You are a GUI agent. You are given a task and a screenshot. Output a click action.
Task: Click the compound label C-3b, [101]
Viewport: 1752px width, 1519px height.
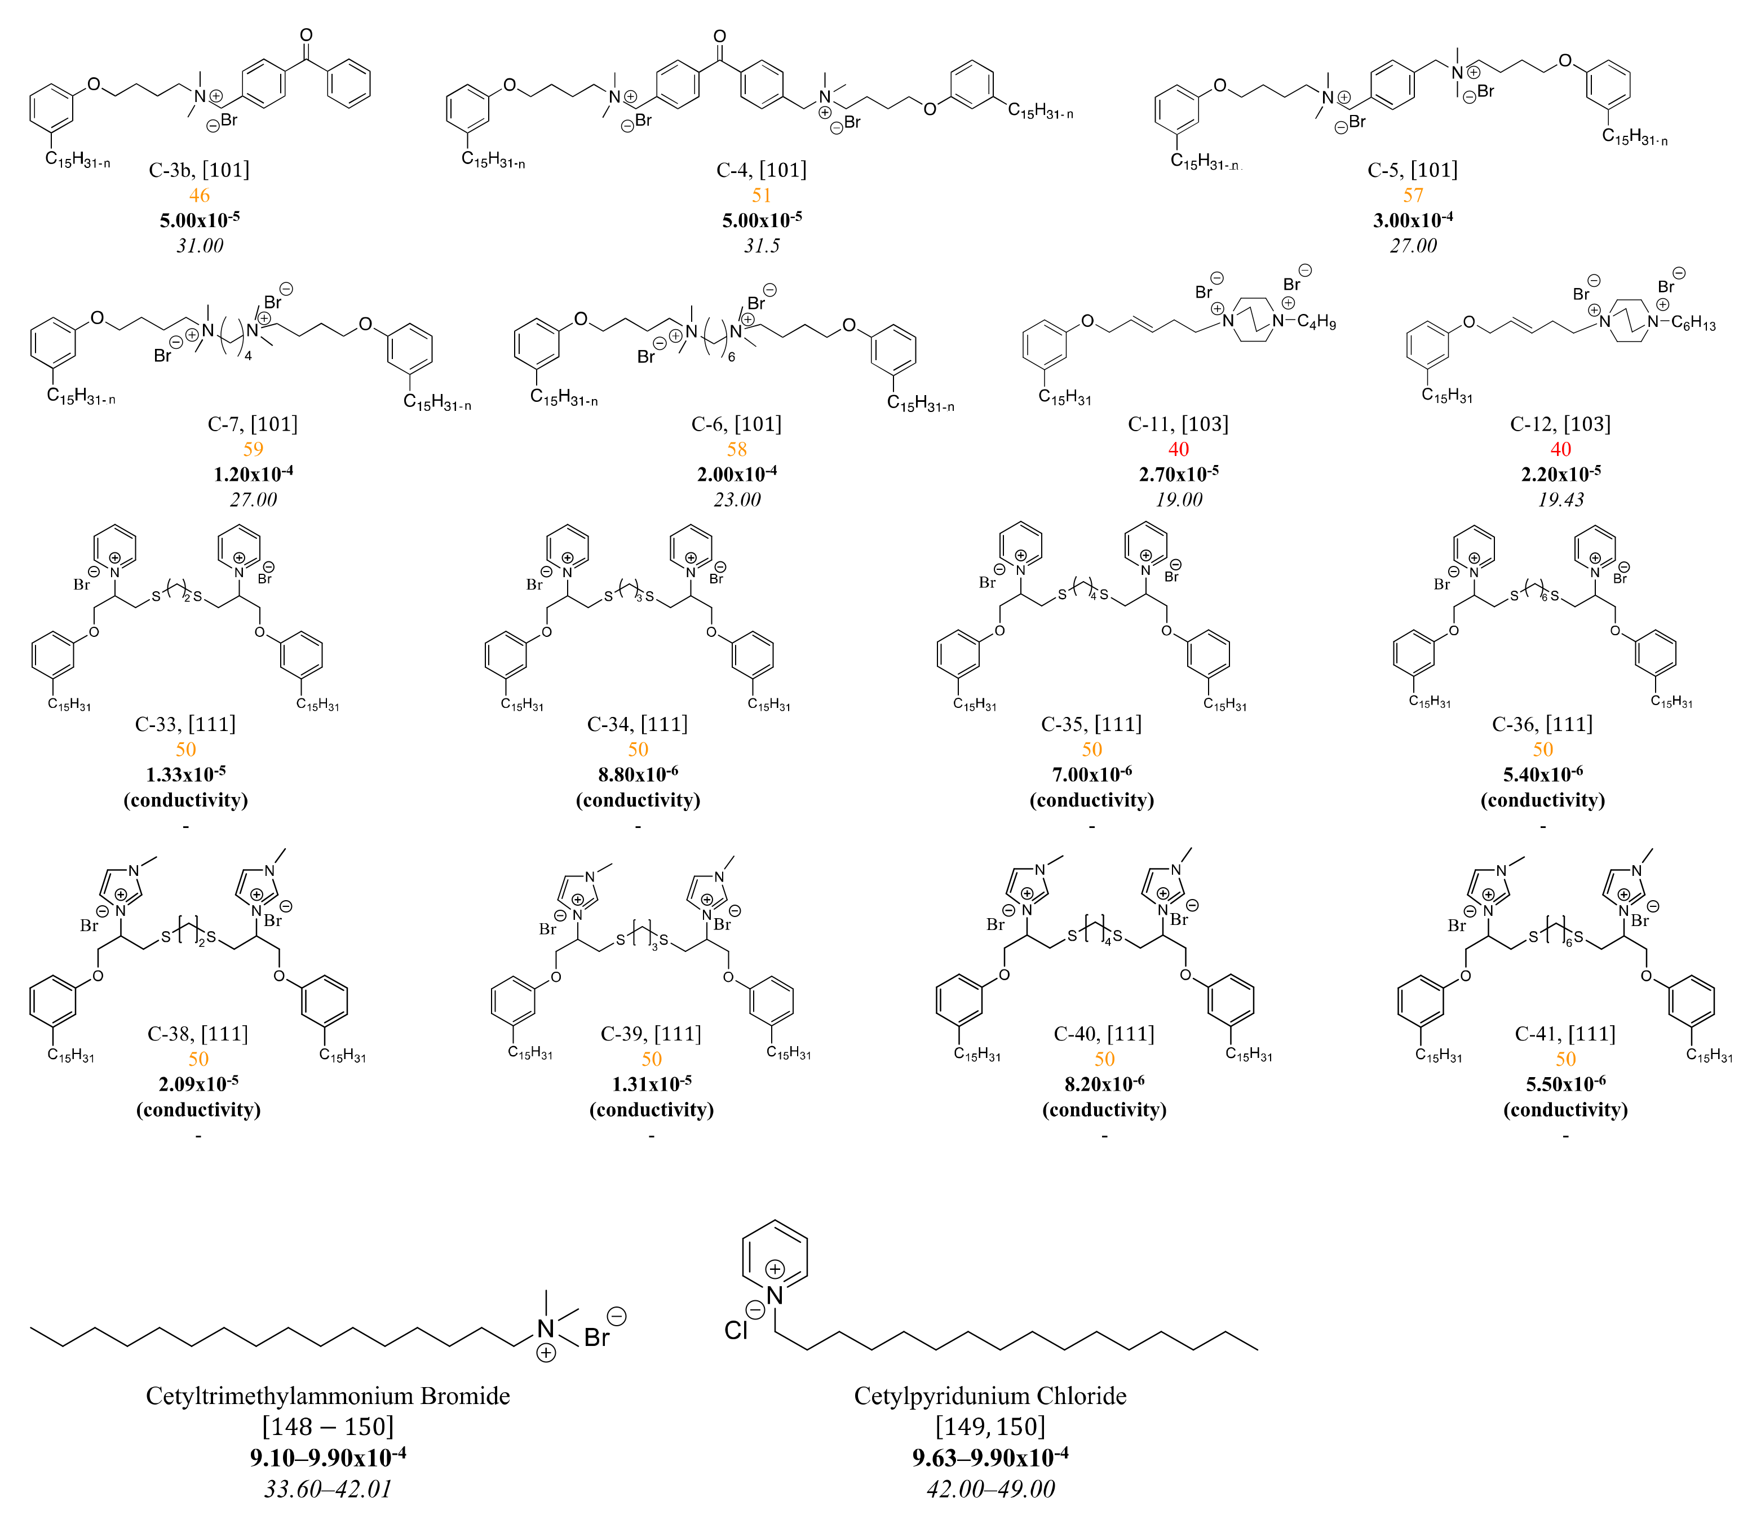pos(199,170)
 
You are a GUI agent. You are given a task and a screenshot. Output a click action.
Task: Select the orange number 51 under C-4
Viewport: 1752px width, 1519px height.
pos(761,195)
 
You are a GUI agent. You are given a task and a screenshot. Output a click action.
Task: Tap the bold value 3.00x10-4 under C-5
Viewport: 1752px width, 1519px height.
pos(1413,220)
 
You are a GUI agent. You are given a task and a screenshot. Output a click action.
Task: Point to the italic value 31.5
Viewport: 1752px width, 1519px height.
pos(761,246)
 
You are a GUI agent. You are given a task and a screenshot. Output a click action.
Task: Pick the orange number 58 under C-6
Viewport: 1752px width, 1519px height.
pos(737,449)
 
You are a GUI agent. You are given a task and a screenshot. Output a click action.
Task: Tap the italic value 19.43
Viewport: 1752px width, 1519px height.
pos(1560,499)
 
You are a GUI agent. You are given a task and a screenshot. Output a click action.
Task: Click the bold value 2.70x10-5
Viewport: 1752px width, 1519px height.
pos(1178,474)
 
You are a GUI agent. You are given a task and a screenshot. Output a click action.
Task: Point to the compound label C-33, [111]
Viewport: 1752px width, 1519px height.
pos(185,724)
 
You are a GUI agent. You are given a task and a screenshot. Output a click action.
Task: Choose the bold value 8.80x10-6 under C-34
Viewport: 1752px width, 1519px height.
pos(638,774)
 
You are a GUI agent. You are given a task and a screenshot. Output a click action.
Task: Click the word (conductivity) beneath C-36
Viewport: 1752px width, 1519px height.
pos(1543,800)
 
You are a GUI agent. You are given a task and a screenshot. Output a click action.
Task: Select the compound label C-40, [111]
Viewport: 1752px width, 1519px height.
pos(1104,1033)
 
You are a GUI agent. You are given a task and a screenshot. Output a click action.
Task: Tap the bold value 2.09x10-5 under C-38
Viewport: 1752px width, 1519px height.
pos(198,1084)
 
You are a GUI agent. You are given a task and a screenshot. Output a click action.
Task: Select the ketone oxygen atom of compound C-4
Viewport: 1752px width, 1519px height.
pos(720,37)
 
